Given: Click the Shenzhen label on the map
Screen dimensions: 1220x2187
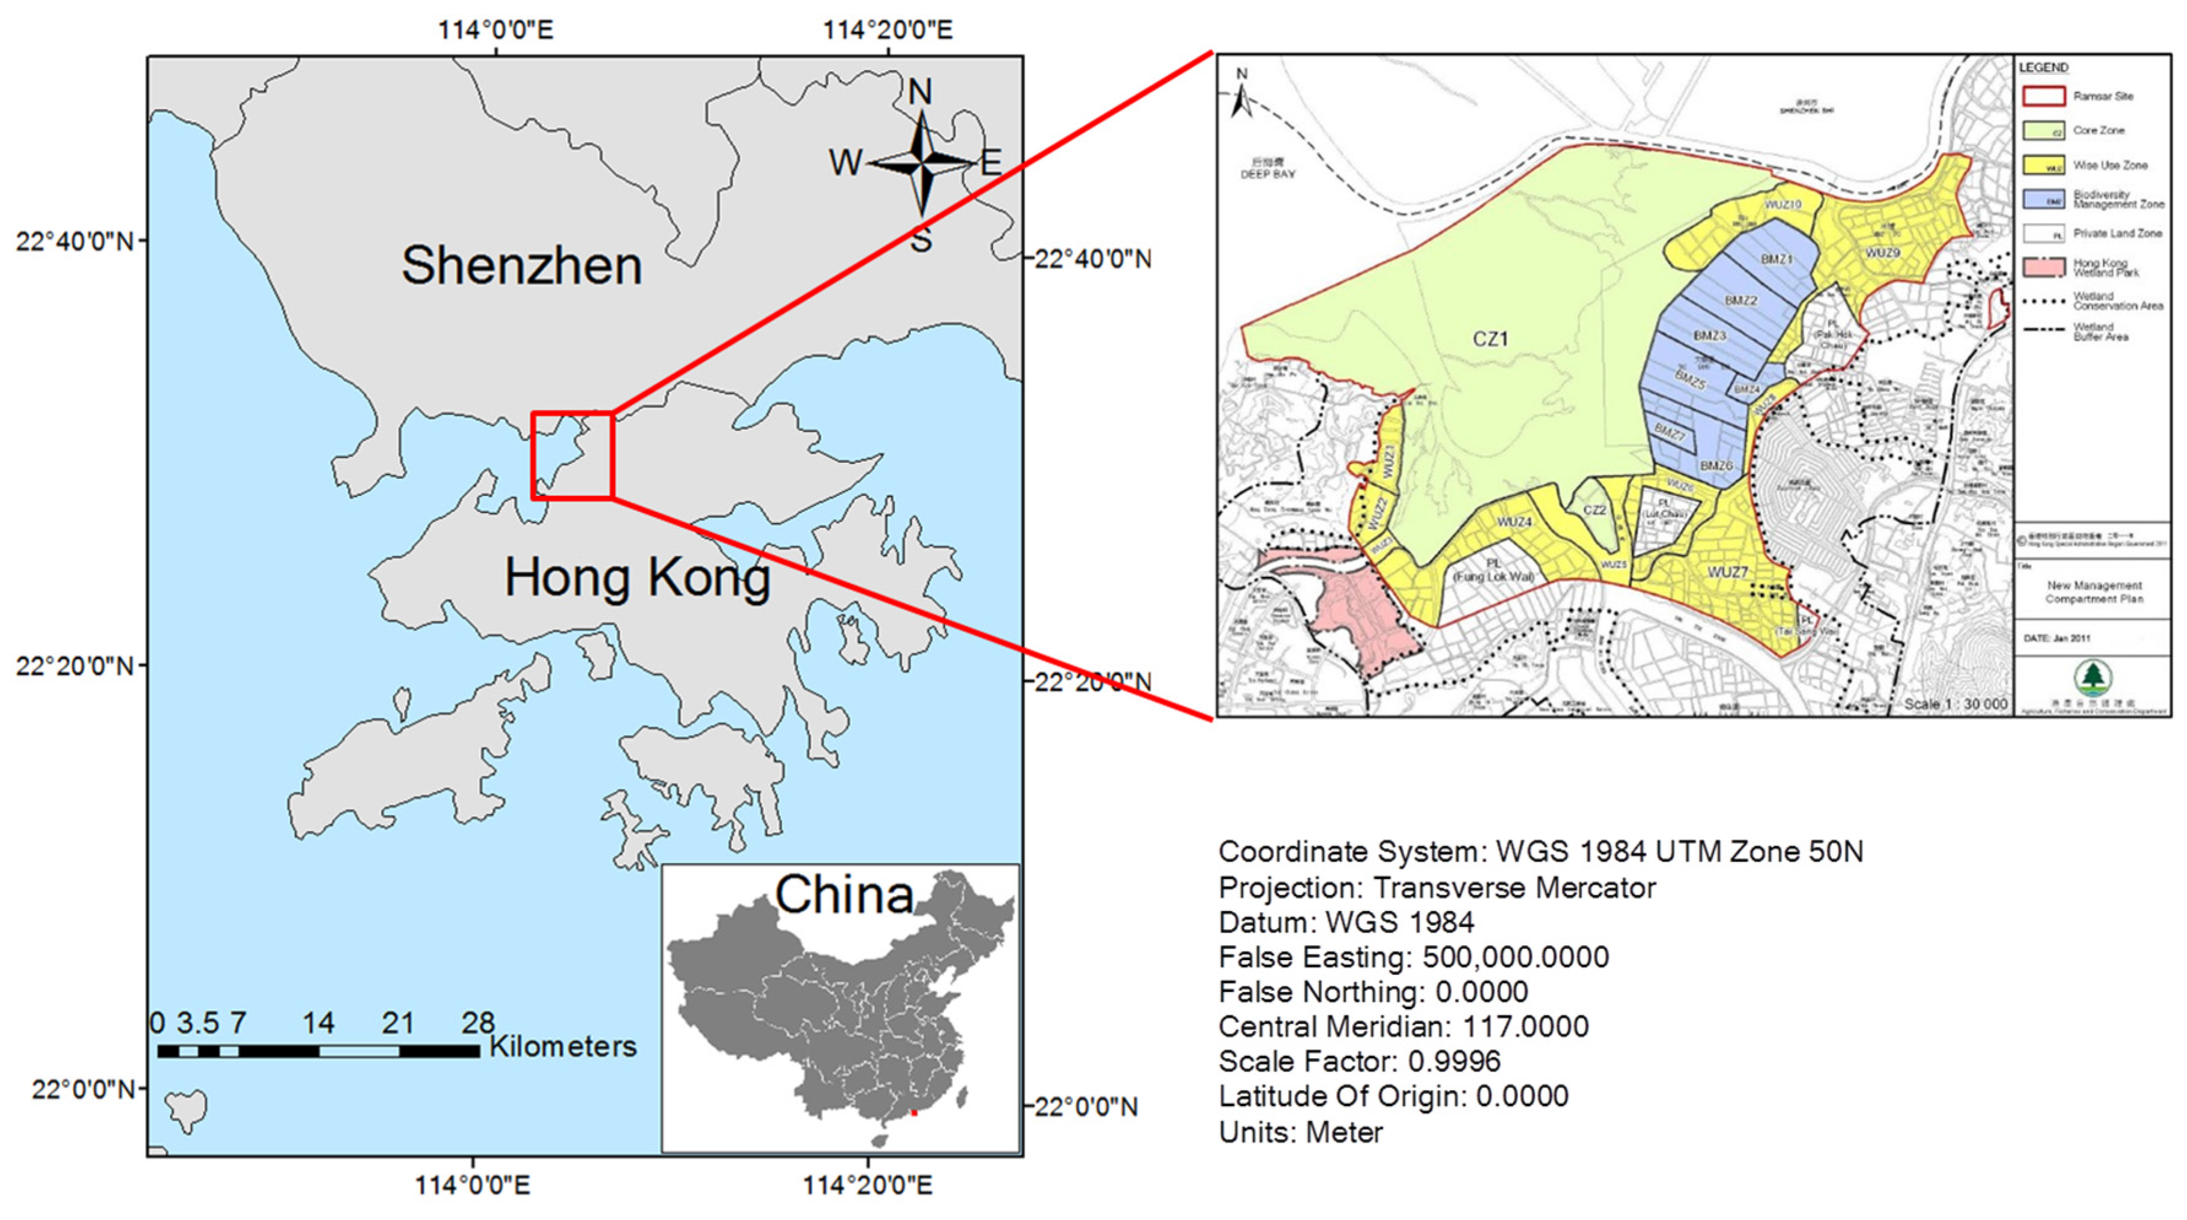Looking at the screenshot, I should coord(521,265).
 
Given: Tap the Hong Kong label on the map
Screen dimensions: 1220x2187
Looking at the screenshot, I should coord(637,578).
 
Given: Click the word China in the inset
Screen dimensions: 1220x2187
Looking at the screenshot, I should coord(844,895).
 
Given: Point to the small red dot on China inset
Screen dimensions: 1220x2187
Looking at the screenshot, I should coord(914,1112).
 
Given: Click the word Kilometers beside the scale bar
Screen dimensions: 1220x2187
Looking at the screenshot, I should coord(562,1047).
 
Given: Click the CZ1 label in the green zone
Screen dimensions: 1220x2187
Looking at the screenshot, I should coord(1490,340).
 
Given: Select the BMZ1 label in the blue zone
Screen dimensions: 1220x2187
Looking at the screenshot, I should coord(1776,259).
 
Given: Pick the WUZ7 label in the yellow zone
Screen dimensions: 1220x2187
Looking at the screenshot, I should coord(1728,572).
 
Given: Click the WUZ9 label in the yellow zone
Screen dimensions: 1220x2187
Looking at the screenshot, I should coord(1882,253).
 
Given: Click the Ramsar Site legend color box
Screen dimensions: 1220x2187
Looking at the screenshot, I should coord(2044,96).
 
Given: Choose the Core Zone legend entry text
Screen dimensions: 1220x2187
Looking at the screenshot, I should coord(2099,131).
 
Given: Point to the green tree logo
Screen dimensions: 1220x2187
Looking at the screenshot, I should coord(2094,677).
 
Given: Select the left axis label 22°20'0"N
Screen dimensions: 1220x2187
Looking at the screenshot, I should coord(75,666).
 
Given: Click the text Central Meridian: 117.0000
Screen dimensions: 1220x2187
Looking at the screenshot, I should coord(1403,1026).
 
